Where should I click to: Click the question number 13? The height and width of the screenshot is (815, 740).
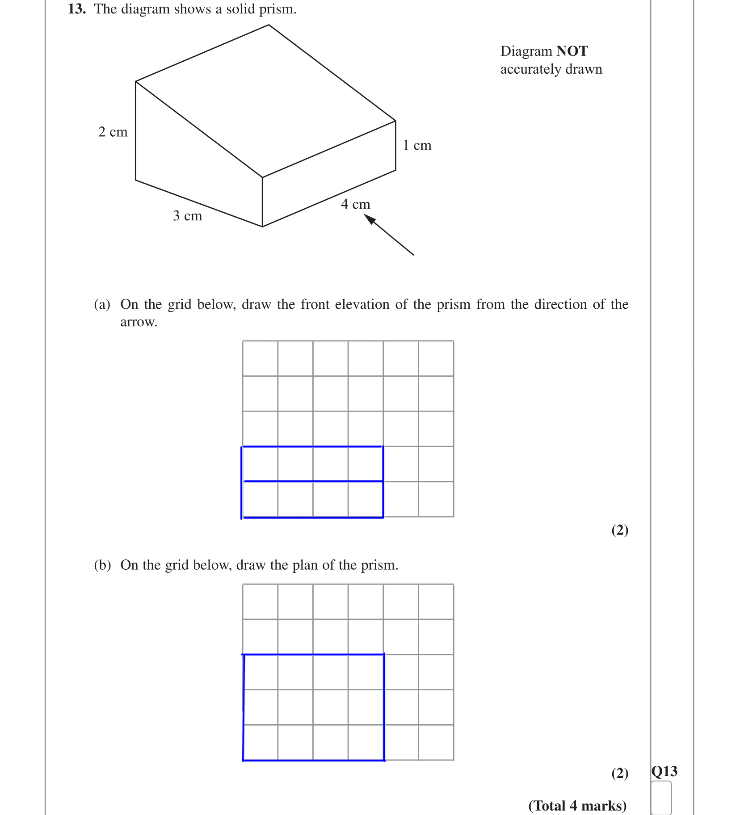coord(76,9)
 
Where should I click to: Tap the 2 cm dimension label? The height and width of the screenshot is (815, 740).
coord(113,132)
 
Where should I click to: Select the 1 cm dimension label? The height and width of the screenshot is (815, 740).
coord(417,146)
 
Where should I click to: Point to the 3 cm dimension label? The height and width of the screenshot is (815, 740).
coord(187,216)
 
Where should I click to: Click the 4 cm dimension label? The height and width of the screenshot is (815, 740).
coord(355,205)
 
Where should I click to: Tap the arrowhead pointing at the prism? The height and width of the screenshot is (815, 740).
coord(370,219)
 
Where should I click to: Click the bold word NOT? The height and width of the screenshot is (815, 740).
coord(572,51)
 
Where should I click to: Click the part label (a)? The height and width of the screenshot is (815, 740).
coord(102,305)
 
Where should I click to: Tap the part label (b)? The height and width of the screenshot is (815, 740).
coord(102,565)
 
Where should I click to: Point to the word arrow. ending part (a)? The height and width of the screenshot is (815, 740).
coord(139,322)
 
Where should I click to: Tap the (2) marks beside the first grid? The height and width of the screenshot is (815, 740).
coord(619,530)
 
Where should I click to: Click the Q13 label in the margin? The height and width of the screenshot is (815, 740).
coord(664,771)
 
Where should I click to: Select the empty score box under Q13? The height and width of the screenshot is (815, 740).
coord(661,798)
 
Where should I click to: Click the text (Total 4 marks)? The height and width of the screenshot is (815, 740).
coord(577,806)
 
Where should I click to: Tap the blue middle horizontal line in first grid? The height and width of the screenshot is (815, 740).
coord(313,481)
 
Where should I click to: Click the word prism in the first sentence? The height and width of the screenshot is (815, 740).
coord(277,9)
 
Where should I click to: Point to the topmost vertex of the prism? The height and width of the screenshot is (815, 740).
coord(269,25)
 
